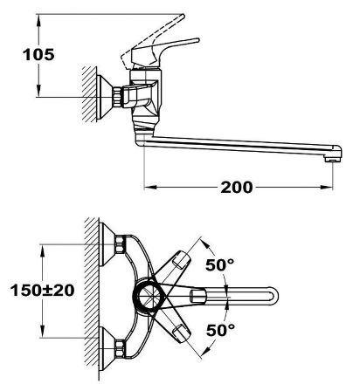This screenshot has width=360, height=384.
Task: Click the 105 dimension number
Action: [38, 55]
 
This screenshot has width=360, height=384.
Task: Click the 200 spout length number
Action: [237, 188]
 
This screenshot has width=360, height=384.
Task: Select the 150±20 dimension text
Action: [43, 291]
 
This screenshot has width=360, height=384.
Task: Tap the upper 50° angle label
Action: [220, 264]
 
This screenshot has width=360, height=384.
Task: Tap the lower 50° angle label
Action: [220, 330]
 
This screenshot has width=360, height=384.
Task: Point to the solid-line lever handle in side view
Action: [164, 51]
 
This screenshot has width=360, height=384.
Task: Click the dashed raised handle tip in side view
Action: [182, 17]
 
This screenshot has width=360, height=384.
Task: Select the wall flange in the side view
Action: [104, 97]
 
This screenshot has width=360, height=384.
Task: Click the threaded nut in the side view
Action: [117, 97]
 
